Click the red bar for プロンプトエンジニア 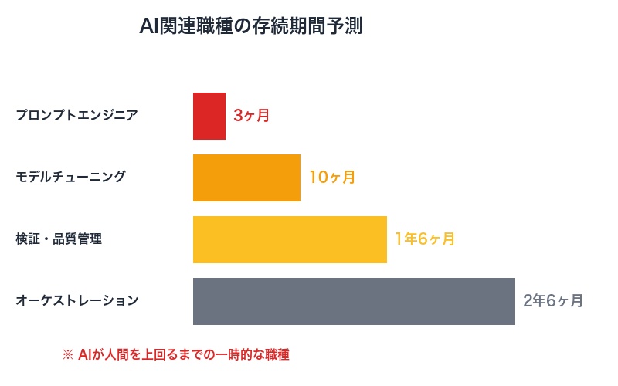[x=209, y=117]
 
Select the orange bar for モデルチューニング [x=246, y=178]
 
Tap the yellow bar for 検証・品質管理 [x=290, y=240]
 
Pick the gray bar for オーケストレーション [x=354, y=302]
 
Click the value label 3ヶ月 [x=251, y=117]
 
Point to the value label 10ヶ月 [x=332, y=178]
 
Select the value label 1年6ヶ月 [x=424, y=240]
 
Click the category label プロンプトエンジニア [x=76, y=116]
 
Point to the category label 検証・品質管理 [x=59, y=239]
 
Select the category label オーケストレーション [x=76, y=301]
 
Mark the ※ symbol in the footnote [x=67, y=355]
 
